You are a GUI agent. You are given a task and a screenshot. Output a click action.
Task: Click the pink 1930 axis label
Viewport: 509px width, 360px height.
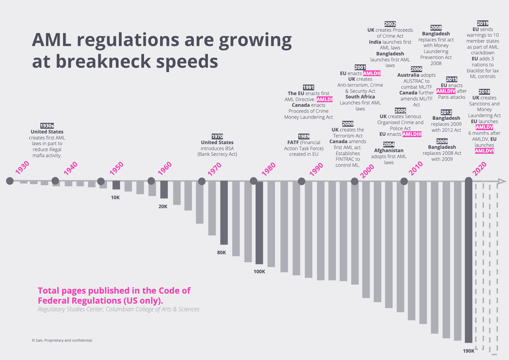pos(22,167)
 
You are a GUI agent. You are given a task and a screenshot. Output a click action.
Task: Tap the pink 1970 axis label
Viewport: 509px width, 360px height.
pos(215,169)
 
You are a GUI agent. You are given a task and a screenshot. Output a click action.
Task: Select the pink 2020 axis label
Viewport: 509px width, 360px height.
pos(480,169)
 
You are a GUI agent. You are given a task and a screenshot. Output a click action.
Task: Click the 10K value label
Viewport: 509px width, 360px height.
pos(115,198)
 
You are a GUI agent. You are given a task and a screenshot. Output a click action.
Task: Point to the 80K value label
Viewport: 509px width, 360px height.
pos(221,253)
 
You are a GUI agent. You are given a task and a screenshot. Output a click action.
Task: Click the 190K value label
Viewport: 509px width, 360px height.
pos(468,351)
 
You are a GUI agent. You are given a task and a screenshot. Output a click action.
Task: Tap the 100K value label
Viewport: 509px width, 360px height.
pos(259,272)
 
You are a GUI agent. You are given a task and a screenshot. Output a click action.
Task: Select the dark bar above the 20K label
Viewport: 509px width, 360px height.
pos(164,190)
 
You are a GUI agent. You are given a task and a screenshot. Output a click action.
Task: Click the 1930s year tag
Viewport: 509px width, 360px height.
pos(47,126)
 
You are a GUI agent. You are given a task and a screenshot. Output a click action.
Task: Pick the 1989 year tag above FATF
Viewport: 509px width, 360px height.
pos(304,136)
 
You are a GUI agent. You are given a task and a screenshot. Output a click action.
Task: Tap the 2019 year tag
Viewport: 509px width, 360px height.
pos(483,23)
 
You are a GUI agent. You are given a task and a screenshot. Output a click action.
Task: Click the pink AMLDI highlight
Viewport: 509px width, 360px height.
pos(324,99)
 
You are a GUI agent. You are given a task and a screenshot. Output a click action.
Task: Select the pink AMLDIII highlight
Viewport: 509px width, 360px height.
pos(412,134)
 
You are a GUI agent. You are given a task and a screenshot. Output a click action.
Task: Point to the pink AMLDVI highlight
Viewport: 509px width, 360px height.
pos(484,151)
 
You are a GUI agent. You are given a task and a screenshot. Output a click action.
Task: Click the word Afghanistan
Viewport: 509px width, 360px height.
pos(389,150)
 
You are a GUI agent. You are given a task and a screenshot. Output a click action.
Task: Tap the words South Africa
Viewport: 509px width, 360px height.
pos(360,97)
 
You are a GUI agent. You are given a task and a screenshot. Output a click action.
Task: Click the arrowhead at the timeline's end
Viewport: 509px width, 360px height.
pos(502,181)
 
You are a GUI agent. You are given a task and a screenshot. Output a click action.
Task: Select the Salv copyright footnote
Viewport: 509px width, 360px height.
pos(62,340)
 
